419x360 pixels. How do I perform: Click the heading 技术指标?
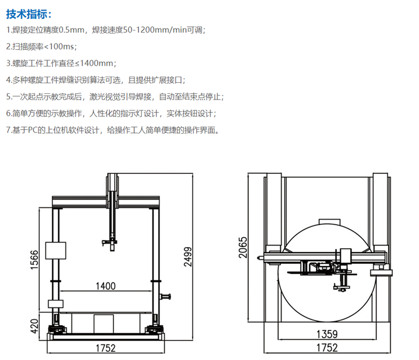29,13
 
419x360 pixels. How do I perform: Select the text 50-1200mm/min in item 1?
146,30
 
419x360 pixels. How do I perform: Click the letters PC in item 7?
35,130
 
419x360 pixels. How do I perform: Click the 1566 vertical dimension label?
34,260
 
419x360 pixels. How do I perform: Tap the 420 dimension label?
34,326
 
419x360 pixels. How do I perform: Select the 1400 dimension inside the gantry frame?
105,286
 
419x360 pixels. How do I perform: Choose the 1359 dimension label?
327,334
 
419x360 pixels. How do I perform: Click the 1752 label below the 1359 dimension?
327,348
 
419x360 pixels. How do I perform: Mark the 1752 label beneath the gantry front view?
105,348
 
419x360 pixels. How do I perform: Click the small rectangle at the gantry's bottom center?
103,323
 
